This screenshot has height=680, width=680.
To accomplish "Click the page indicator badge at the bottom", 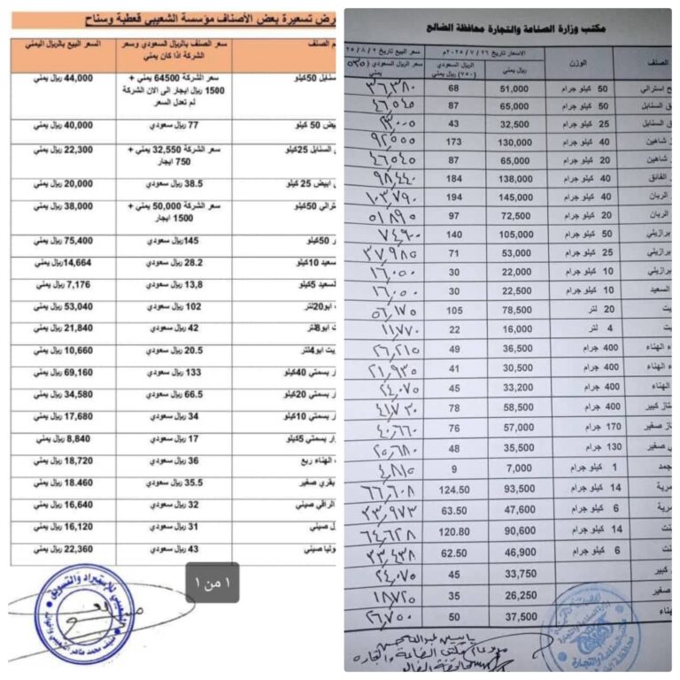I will pos(212,583).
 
